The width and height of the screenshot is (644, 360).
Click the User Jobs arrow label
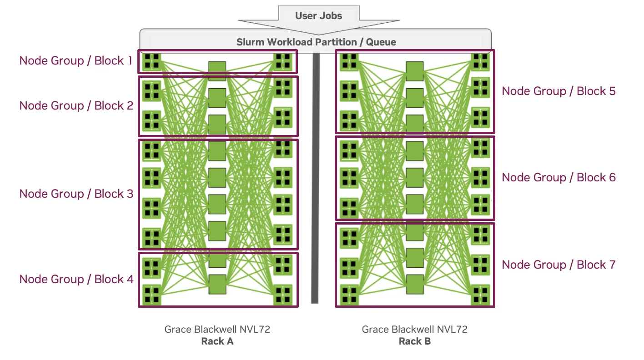318,16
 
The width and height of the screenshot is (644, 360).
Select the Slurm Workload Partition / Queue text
316,42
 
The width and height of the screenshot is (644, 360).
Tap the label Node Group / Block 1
76,61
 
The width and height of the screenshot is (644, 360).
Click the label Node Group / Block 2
76,106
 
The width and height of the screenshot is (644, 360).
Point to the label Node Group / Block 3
76,194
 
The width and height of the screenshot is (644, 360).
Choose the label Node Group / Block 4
76,280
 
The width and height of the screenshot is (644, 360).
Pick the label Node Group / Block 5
558,91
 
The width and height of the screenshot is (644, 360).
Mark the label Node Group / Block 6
558,178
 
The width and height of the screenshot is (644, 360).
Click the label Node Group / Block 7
558,265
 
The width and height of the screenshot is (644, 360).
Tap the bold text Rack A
217,341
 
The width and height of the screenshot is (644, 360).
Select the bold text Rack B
415,341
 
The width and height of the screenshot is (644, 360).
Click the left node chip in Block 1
151,61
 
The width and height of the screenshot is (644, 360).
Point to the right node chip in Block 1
283,61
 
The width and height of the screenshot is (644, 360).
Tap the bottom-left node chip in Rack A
151,295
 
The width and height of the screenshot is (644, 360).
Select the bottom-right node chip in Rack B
480,295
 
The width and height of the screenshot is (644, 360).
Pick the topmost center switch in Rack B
414,71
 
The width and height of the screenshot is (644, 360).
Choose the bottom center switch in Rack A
217,285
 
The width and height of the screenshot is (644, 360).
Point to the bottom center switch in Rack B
414,285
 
